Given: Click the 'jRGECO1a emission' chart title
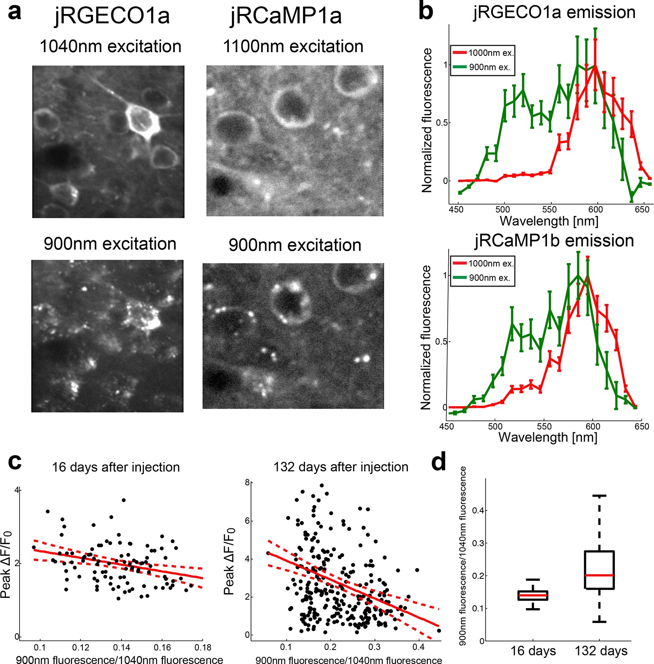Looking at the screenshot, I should (554, 12).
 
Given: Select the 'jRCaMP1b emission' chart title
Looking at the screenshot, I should (554, 241).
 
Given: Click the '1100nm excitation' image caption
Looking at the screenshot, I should (293, 46).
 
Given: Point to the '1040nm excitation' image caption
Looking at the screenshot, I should (110, 46).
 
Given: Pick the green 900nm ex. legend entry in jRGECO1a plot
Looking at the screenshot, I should (481, 67).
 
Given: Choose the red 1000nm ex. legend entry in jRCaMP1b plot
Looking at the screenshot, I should (481, 264).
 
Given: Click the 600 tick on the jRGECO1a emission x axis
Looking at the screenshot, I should (596, 209).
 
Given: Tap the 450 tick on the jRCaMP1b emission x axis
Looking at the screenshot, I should (447, 426).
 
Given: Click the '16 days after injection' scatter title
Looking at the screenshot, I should (116, 467).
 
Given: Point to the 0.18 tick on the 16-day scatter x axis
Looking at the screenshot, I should (203, 647).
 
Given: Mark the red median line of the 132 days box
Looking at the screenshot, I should (599, 575).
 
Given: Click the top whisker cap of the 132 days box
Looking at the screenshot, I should (599, 496).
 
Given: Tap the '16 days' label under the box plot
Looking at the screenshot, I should (533, 651).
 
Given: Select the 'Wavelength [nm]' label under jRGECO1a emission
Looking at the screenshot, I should (549, 221).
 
